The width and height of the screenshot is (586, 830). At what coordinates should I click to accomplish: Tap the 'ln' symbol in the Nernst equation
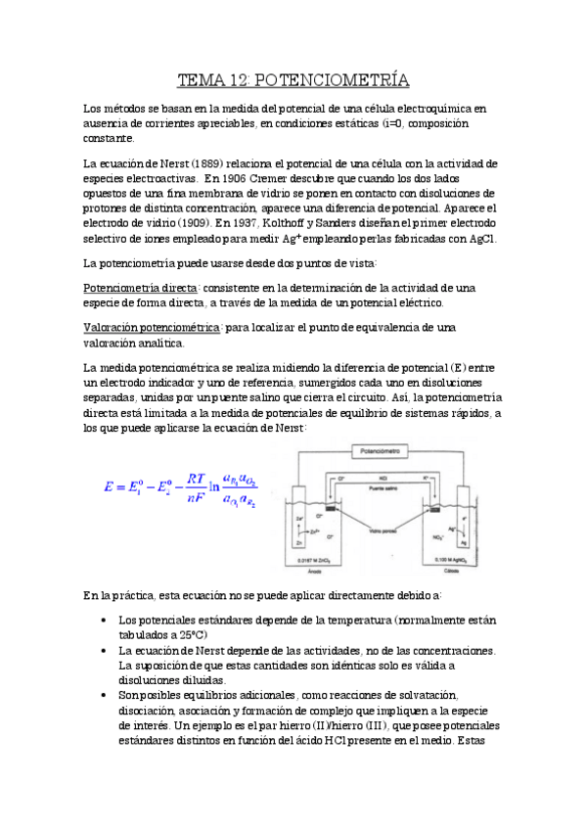pos(217,489)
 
